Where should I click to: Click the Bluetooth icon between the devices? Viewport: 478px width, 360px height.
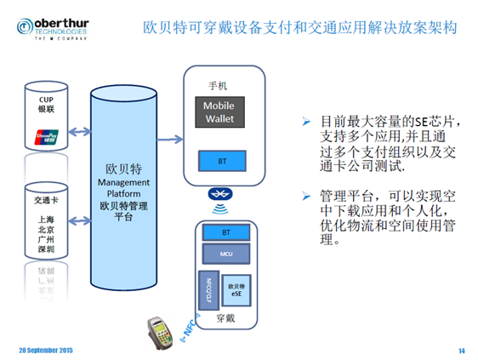220,195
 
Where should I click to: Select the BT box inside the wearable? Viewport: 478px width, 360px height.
226,231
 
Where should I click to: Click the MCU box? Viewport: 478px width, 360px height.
226,254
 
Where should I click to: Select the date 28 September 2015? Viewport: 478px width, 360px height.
46,350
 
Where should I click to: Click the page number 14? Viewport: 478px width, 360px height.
461,350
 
